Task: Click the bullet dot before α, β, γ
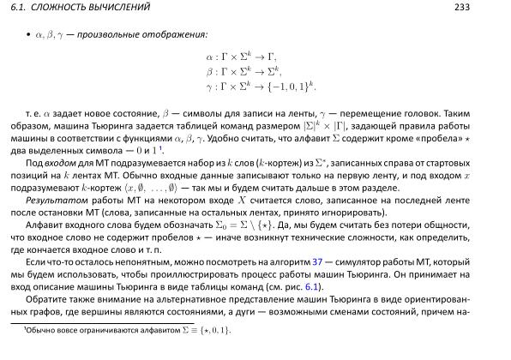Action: click(27, 36)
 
